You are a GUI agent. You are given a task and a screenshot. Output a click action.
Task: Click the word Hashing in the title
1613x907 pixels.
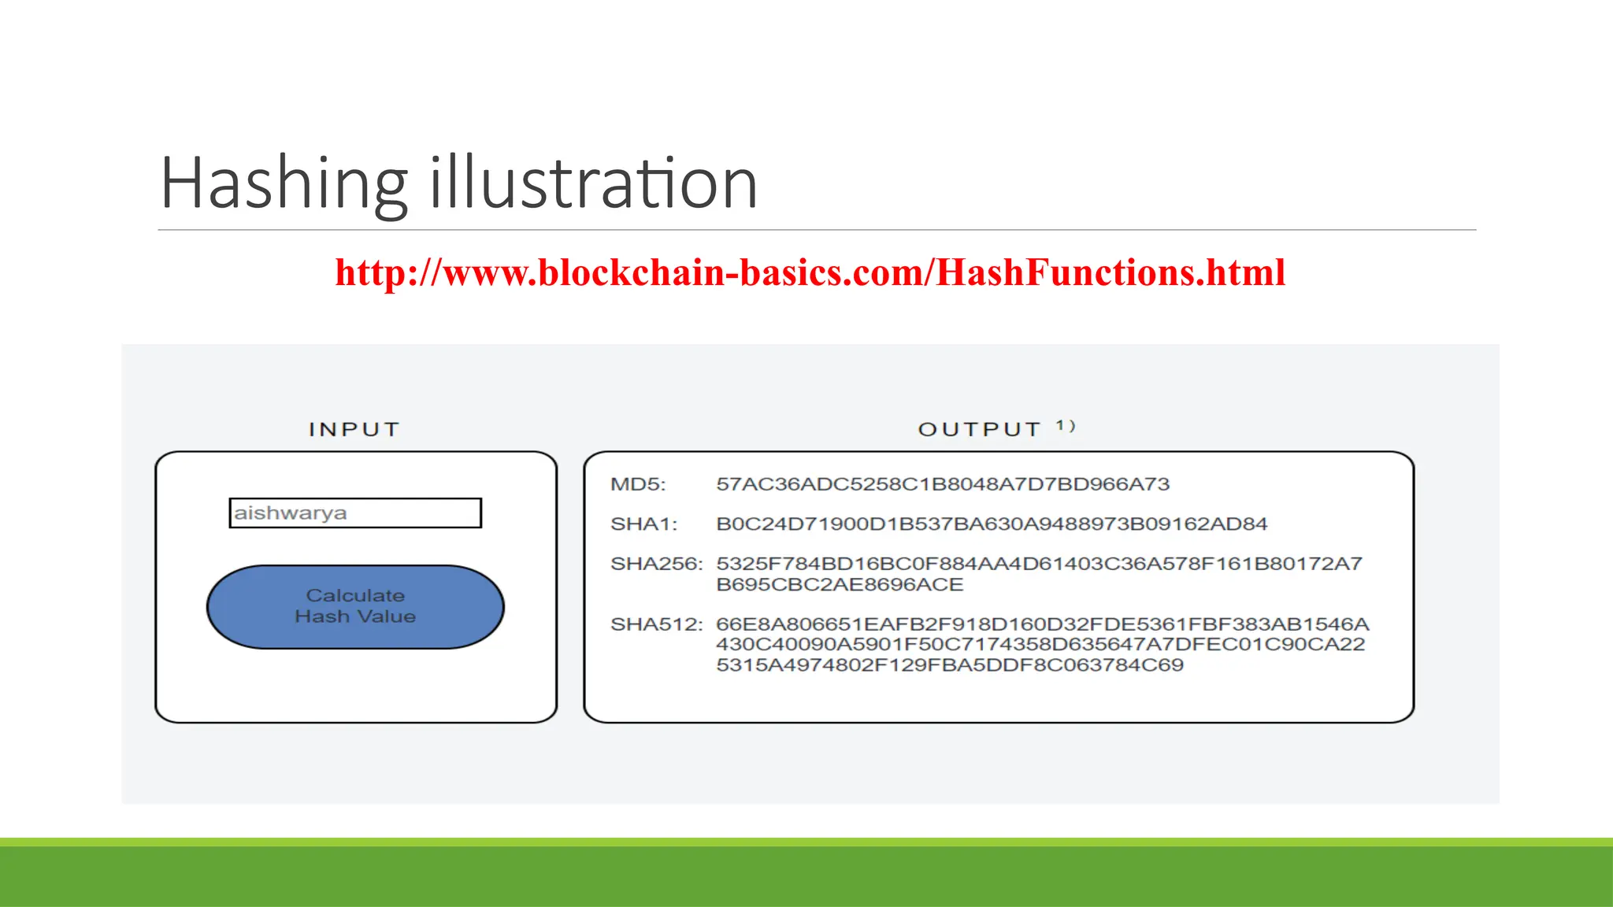(x=284, y=183)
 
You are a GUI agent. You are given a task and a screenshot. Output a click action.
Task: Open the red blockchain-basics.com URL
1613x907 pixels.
(x=810, y=272)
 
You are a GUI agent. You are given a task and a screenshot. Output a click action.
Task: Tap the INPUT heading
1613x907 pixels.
(x=354, y=429)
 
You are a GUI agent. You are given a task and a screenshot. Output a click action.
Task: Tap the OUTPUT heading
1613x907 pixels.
(x=980, y=429)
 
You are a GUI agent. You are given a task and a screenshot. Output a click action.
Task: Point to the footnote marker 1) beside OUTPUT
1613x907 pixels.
(x=1066, y=426)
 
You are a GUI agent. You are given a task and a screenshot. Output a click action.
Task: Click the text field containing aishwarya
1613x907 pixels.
(x=355, y=513)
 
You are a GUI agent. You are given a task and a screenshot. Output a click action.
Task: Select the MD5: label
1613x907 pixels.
(x=638, y=484)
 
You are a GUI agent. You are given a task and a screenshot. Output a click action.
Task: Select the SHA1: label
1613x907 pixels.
(x=643, y=524)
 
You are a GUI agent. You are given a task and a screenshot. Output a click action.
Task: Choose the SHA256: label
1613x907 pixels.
(x=656, y=564)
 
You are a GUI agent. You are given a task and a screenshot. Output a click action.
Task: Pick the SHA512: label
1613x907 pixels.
(x=656, y=624)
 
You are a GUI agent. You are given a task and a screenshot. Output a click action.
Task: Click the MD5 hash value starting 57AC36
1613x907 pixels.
(x=943, y=484)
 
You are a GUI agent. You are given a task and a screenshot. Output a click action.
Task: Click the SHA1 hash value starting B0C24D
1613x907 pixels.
(x=992, y=524)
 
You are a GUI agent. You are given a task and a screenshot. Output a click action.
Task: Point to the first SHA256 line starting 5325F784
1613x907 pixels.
(x=1039, y=564)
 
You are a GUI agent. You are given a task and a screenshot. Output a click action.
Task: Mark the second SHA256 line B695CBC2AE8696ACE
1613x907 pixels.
(x=840, y=585)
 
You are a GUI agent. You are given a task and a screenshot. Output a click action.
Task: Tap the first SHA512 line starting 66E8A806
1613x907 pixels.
(x=1042, y=624)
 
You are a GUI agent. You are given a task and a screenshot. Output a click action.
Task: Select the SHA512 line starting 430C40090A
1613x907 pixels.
(x=1040, y=645)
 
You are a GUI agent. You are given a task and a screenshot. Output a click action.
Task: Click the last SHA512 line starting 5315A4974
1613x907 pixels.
(x=949, y=665)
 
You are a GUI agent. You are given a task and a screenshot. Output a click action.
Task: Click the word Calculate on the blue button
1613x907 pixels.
(x=355, y=595)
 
